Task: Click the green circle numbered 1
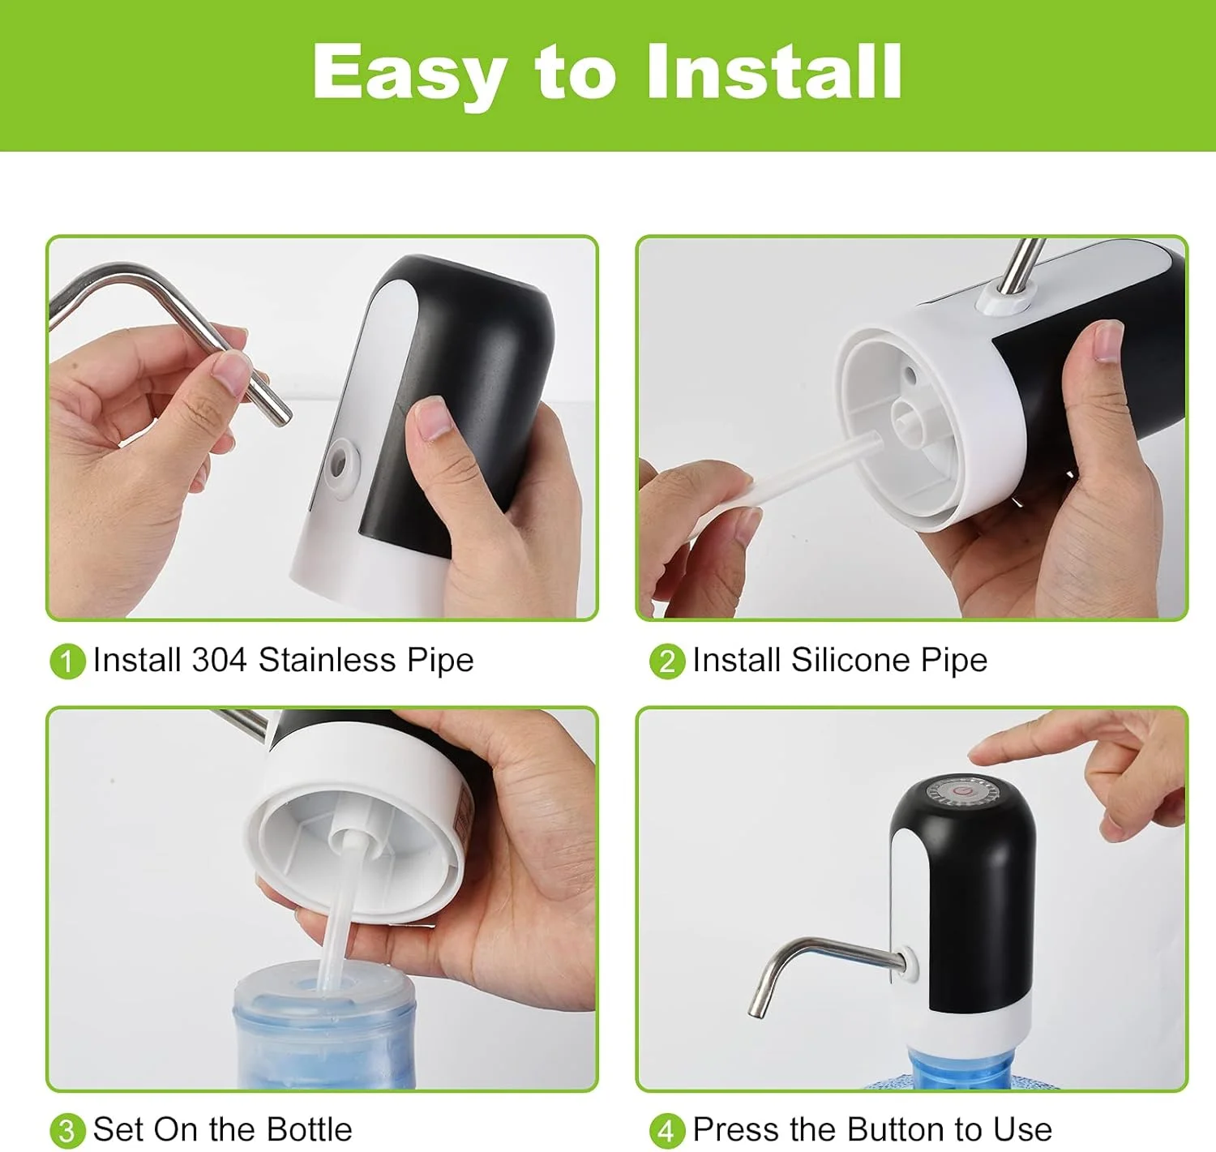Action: click(x=67, y=662)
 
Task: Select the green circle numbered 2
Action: click(x=667, y=662)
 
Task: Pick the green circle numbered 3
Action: click(x=67, y=1131)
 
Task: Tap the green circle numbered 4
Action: click(x=667, y=1131)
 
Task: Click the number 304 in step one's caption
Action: click(x=219, y=660)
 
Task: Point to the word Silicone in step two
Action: click(x=850, y=660)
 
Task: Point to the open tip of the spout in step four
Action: click(x=756, y=1013)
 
